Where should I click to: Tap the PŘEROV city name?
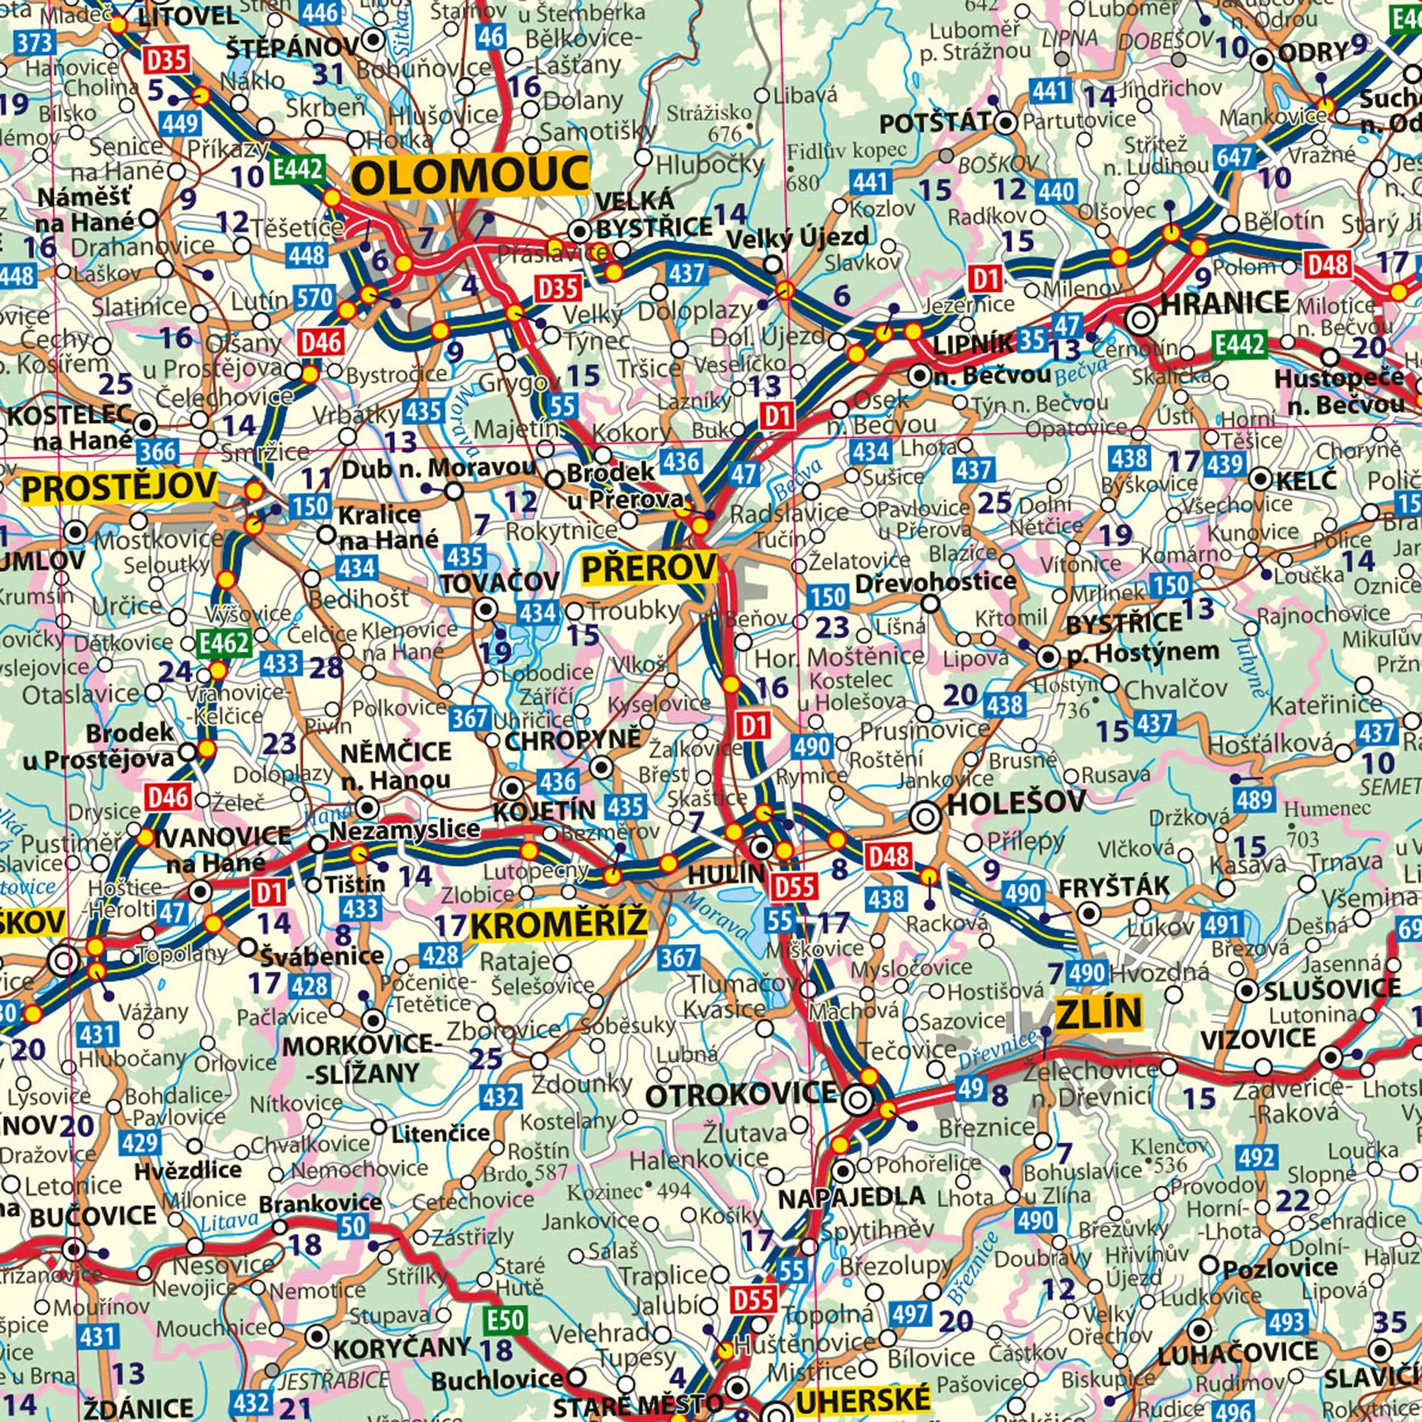click(x=649, y=568)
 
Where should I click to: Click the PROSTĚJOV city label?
click(x=119, y=487)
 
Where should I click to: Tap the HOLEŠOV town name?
click(x=1016, y=802)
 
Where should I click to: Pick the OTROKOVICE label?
click(x=741, y=1095)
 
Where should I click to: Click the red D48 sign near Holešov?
click(x=888, y=857)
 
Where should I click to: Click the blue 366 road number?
click(x=158, y=450)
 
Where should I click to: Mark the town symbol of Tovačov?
click(x=486, y=609)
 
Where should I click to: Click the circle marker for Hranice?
click(x=1141, y=320)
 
